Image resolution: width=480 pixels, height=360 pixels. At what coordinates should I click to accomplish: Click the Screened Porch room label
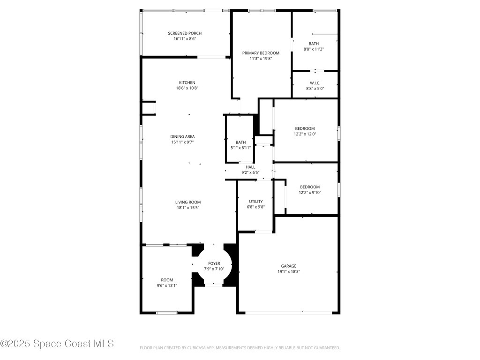[185, 33]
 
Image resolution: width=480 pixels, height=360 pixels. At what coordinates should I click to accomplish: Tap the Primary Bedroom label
[261, 53]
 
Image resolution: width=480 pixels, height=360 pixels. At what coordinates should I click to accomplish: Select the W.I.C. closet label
[315, 83]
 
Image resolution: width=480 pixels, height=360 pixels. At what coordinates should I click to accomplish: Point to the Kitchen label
[187, 82]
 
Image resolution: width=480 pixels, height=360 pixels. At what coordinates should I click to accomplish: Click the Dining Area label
[182, 136]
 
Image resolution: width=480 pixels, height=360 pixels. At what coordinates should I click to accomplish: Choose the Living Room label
[188, 202]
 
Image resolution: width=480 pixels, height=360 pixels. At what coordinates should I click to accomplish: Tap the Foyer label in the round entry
[214, 263]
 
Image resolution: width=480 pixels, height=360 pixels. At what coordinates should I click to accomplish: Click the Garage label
[289, 266]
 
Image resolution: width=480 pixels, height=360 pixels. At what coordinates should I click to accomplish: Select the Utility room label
[255, 202]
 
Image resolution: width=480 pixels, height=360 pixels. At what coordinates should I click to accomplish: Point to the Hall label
[250, 167]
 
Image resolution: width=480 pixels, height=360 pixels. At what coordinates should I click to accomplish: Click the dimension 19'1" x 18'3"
[289, 271]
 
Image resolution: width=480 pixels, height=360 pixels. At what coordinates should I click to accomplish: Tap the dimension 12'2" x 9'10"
[310, 193]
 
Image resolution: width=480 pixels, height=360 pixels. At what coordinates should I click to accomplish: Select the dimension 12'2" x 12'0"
[305, 134]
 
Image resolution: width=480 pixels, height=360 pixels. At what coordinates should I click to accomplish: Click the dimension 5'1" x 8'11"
[240, 148]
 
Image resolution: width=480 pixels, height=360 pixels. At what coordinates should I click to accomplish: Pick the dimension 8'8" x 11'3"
[314, 49]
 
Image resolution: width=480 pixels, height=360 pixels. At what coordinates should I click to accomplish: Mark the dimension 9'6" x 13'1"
[167, 285]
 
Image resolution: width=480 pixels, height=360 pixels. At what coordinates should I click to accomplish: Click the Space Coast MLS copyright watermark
[57, 344]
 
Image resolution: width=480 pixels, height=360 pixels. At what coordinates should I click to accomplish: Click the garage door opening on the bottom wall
[288, 313]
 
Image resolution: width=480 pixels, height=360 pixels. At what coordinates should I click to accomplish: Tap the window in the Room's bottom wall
[167, 313]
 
